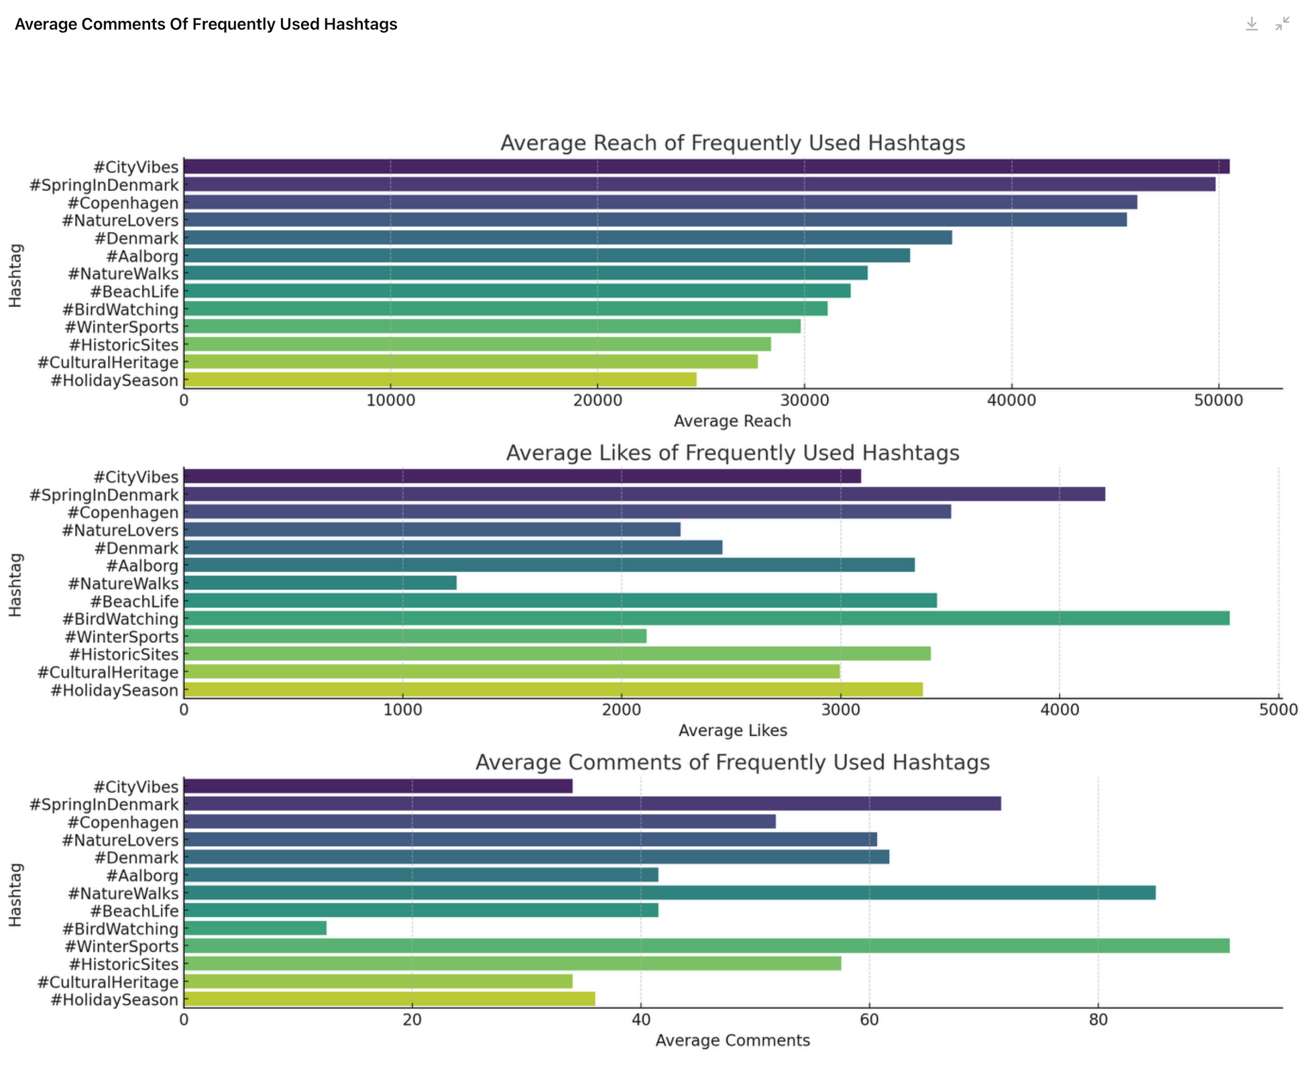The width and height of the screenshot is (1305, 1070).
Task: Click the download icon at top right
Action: pos(1251,24)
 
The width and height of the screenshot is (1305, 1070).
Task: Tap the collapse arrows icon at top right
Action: pos(1282,24)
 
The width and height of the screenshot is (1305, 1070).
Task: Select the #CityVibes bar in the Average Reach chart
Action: pos(706,166)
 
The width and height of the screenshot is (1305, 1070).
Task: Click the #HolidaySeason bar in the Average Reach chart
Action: pos(440,380)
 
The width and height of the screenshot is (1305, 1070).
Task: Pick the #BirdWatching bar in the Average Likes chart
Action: pos(706,618)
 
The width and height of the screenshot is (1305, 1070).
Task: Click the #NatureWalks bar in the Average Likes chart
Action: pos(320,583)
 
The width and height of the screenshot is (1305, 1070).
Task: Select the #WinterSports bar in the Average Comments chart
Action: pos(706,946)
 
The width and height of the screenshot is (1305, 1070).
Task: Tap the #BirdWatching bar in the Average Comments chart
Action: pos(255,928)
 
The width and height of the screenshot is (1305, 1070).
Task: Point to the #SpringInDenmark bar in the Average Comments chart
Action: pos(592,804)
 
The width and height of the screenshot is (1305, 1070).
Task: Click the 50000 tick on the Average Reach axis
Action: pos(1218,401)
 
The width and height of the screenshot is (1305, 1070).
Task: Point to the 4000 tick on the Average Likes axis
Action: pos(1060,711)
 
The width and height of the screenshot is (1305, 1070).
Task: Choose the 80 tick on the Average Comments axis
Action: pos(1098,1020)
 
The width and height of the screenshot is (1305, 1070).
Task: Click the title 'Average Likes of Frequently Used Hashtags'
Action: pos(732,453)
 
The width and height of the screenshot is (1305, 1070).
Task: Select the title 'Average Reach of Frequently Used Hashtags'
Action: pos(732,143)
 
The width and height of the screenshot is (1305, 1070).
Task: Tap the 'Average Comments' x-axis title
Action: pos(732,1041)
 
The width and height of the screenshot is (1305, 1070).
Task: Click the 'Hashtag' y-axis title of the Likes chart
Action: pos(15,585)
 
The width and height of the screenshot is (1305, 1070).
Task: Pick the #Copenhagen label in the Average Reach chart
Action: pos(123,203)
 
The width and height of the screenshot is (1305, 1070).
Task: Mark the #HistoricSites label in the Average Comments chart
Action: pos(123,964)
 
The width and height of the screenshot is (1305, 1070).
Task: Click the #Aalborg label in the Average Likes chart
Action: pos(142,566)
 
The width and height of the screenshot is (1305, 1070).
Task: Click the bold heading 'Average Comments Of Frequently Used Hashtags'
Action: pos(206,25)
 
